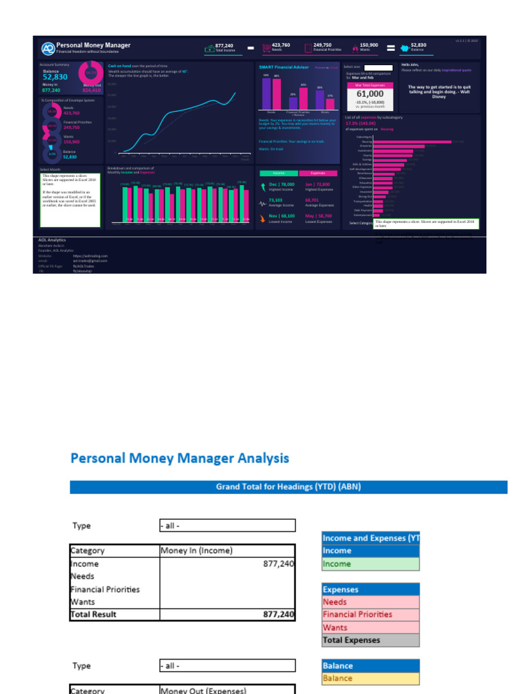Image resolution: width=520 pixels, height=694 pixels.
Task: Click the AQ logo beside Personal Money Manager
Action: (47, 48)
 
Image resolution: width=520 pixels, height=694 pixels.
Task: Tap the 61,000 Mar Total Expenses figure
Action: (366, 95)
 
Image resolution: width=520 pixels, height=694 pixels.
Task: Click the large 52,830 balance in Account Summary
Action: (55, 77)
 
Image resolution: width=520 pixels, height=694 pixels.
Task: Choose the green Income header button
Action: (278, 173)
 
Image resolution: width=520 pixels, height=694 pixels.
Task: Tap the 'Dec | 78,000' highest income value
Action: (282, 184)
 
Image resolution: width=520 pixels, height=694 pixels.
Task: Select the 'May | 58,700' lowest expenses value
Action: (318, 215)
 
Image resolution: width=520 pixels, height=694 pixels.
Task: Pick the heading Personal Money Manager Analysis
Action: (179, 458)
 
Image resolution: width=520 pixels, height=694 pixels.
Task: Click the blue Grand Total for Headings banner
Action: (288, 487)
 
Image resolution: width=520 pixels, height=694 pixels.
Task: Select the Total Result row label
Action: (93, 614)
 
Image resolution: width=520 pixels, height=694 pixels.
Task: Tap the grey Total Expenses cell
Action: (370, 640)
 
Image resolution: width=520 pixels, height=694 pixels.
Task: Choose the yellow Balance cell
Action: (370, 678)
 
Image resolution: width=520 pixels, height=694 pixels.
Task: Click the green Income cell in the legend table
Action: (370, 564)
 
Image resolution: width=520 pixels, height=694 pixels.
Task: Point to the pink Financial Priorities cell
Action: (370, 614)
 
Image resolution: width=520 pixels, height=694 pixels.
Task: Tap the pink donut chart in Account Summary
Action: (91, 73)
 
